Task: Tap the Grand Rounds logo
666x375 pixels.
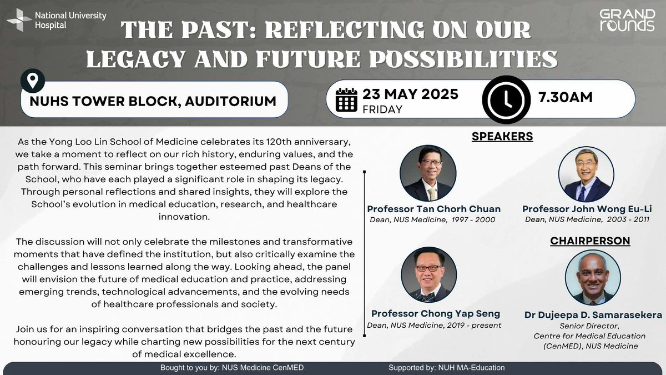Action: point(627,20)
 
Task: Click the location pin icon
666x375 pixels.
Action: point(33,81)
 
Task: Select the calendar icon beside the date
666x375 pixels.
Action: point(347,101)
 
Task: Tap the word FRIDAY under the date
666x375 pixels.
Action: point(382,109)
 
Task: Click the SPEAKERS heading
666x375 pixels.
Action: point(502,136)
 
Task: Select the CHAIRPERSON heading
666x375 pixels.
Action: point(590,241)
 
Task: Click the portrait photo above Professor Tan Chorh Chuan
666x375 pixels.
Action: point(428,174)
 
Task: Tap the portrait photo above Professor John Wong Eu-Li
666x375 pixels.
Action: point(586,174)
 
